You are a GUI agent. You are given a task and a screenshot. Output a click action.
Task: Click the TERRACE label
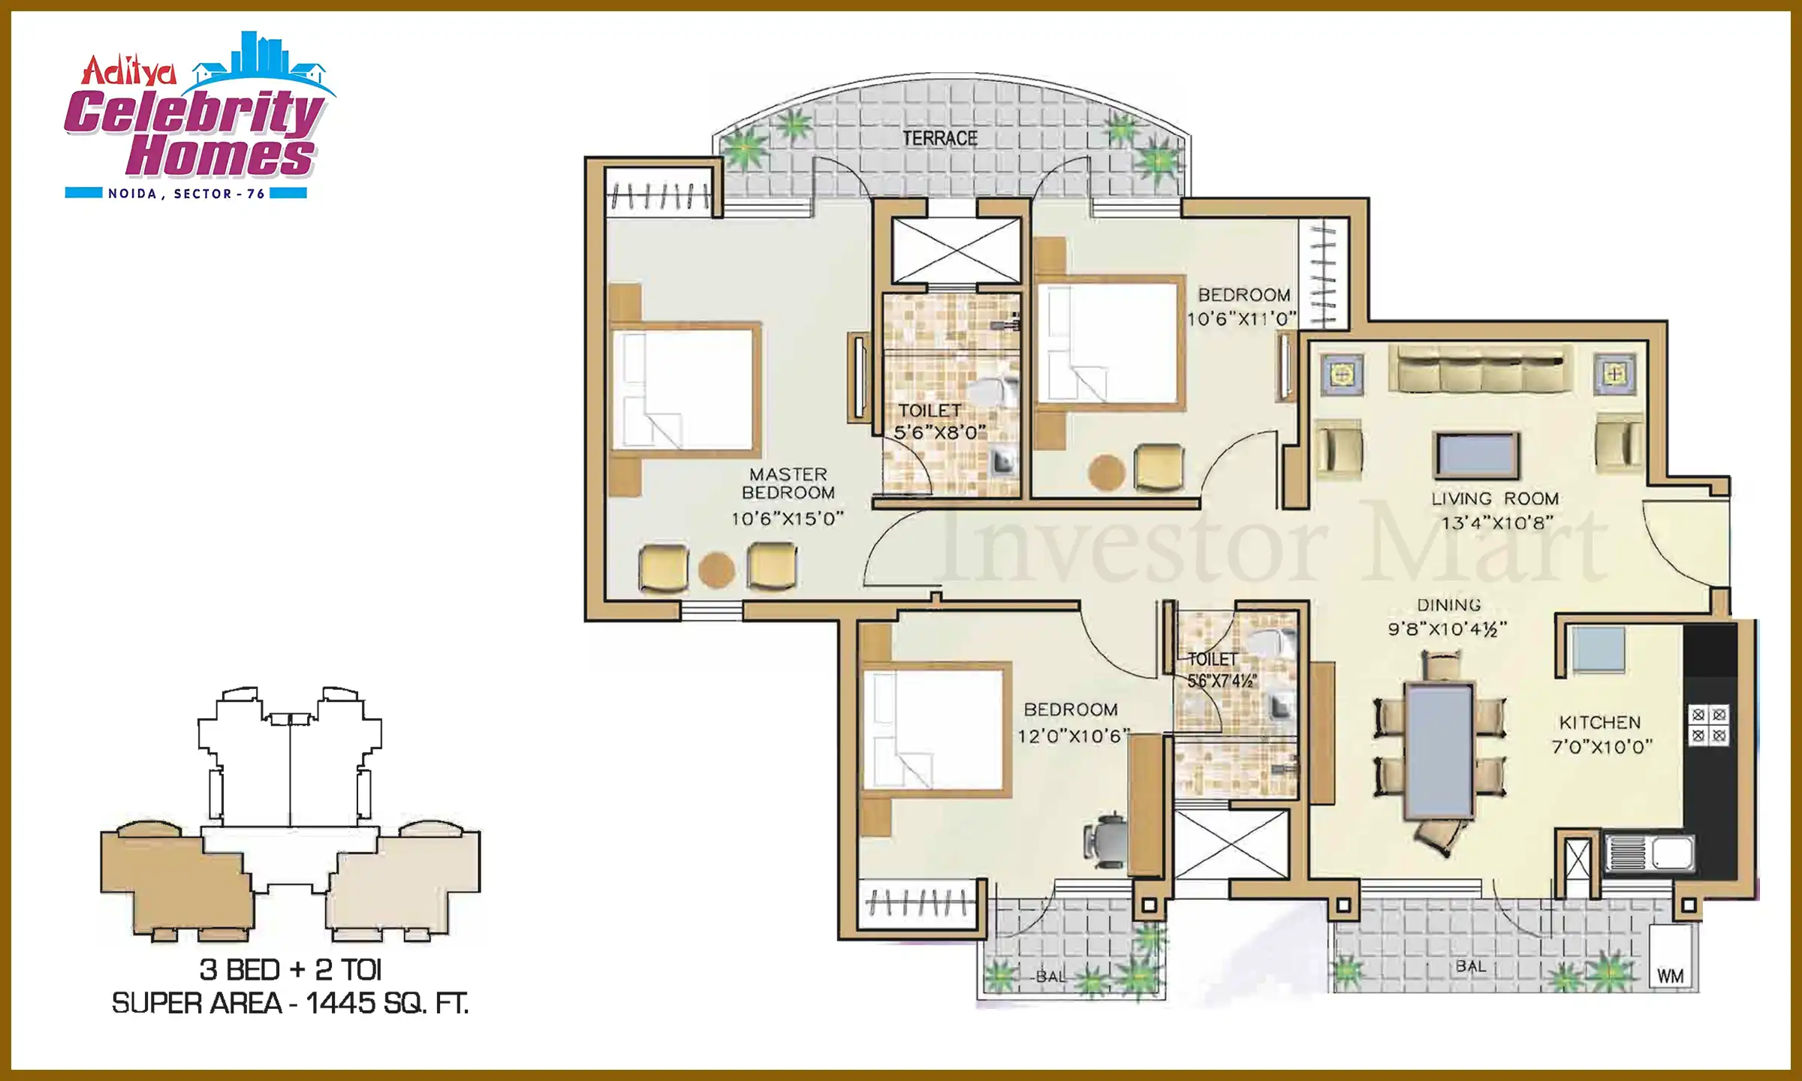(x=940, y=139)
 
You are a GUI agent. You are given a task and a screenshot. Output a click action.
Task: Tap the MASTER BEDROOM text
(x=788, y=483)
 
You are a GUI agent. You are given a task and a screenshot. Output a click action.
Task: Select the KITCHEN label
(x=1600, y=723)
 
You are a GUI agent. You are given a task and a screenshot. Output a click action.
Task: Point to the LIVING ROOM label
(x=1495, y=499)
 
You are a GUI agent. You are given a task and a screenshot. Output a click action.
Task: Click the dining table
(x=1439, y=750)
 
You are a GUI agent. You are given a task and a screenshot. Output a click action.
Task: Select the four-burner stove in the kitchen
(x=1709, y=725)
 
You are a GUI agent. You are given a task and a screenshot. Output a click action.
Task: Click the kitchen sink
(x=1649, y=854)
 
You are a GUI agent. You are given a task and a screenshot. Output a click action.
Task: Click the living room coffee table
(x=1476, y=455)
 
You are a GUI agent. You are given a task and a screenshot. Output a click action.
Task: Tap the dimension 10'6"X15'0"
(x=788, y=519)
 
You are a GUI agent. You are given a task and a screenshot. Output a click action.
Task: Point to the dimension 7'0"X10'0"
(x=1602, y=747)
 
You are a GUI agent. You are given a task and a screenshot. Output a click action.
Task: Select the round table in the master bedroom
(x=717, y=570)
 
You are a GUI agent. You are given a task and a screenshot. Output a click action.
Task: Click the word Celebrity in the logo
(x=194, y=113)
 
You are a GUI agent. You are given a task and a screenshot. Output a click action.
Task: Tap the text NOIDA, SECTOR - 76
(x=186, y=194)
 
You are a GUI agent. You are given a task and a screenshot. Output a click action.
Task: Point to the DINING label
(x=1449, y=605)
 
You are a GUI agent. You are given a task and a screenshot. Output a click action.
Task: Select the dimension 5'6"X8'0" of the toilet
(x=940, y=433)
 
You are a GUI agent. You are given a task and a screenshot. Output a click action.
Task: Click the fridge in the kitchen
(x=1599, y=649)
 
